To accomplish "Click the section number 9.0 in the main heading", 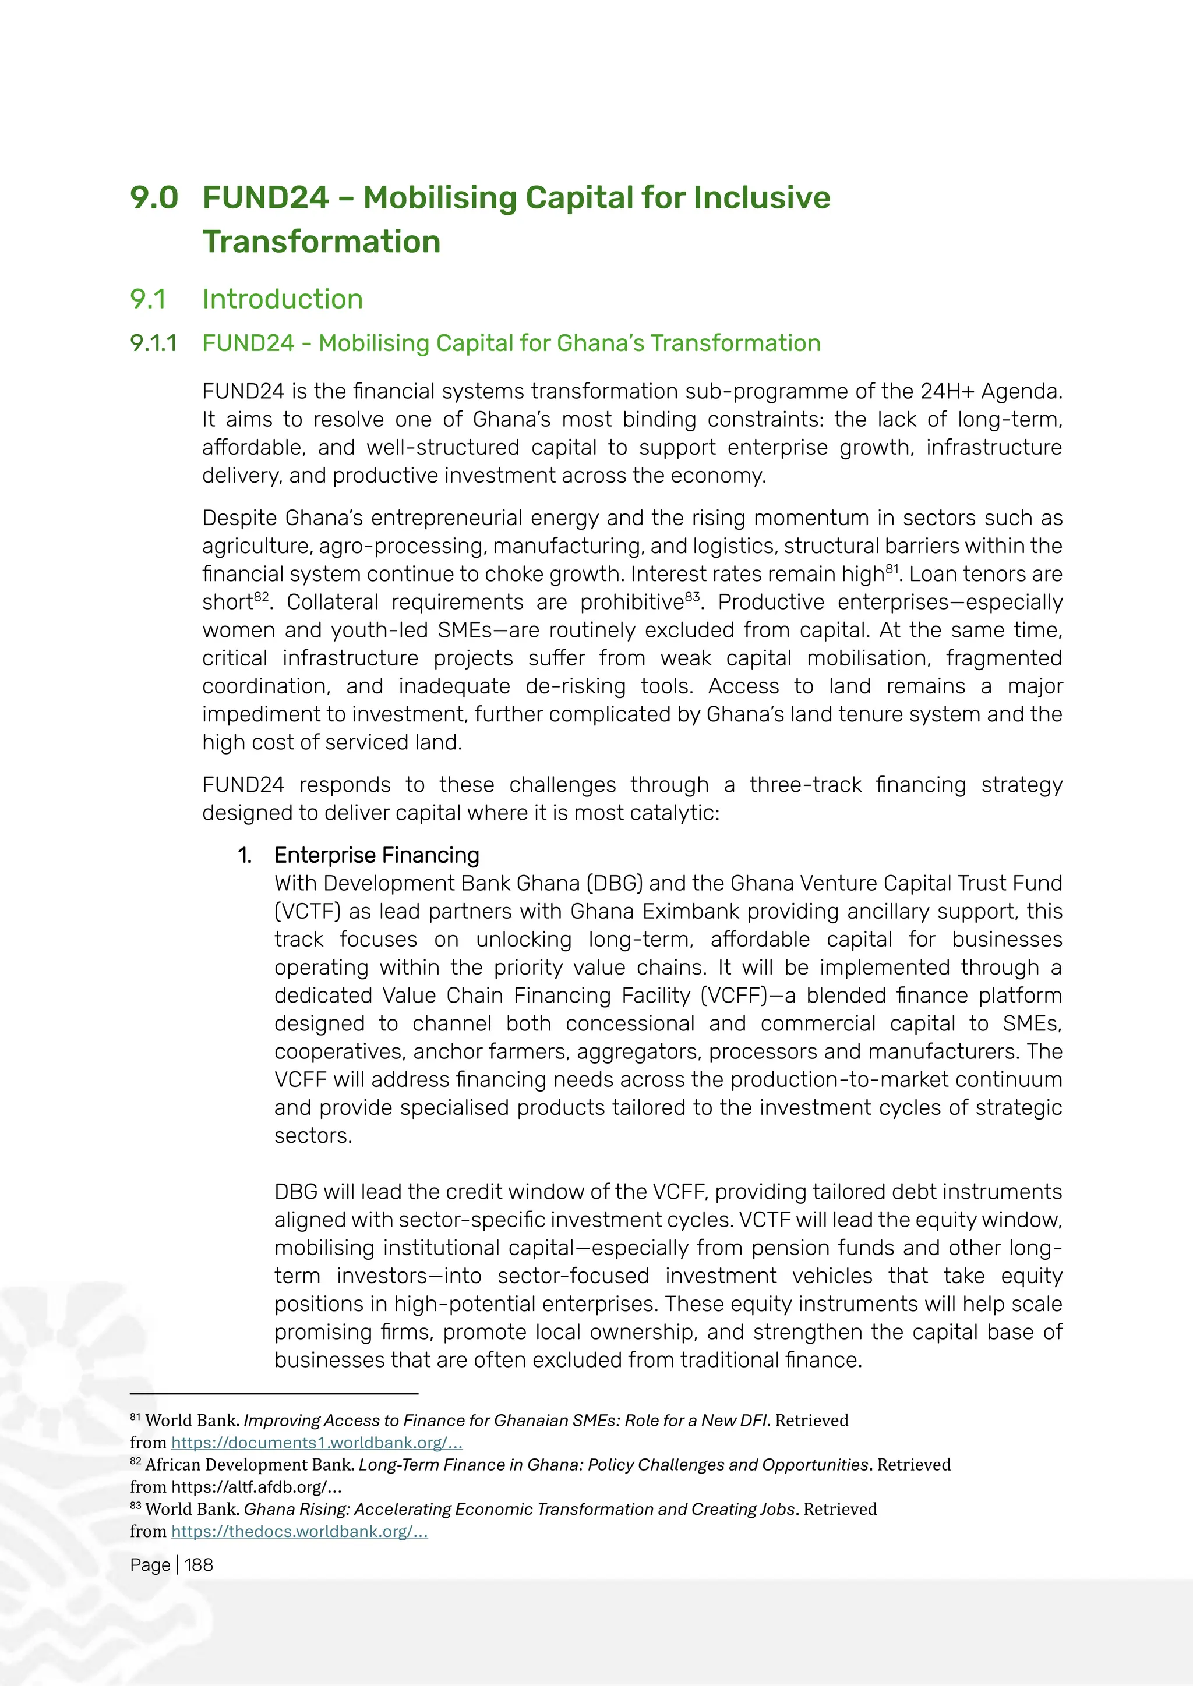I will tap(154, 197).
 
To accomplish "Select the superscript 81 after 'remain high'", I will tap(892, 568).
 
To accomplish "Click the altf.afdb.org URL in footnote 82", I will tap(256, 1487).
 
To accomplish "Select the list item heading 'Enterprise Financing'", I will tap(376, 855).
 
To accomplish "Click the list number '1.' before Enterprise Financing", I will tap(245, 855).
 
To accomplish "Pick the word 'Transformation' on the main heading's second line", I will tap(321, 242).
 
